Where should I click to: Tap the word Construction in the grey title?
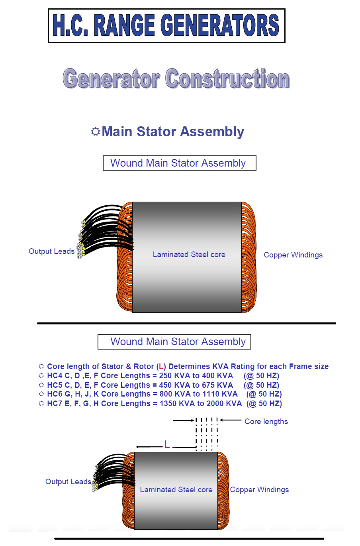[x=227, y=79]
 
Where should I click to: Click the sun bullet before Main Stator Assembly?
[x=95, y=132]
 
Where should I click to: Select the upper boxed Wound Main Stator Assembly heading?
[x=179, y=163]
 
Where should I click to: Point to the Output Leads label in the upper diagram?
[x=51, y=251]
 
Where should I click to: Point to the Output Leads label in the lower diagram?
[x=68, y=481]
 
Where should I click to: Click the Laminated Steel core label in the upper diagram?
[x=189, y=254]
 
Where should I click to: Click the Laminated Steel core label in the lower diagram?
[x=176, y=489]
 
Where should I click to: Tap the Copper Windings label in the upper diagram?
[x=293, y=255]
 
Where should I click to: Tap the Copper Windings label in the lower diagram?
[x=259, y=489]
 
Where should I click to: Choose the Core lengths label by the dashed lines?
[x=266, y=422]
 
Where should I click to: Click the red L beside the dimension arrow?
[x=167, y=445]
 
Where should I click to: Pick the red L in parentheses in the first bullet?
[x=161, y=367]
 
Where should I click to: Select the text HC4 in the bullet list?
[x=55, y=376]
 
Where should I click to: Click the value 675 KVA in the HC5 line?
[x=217, y=385]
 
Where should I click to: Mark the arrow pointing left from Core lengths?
[x=230, y=420]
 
